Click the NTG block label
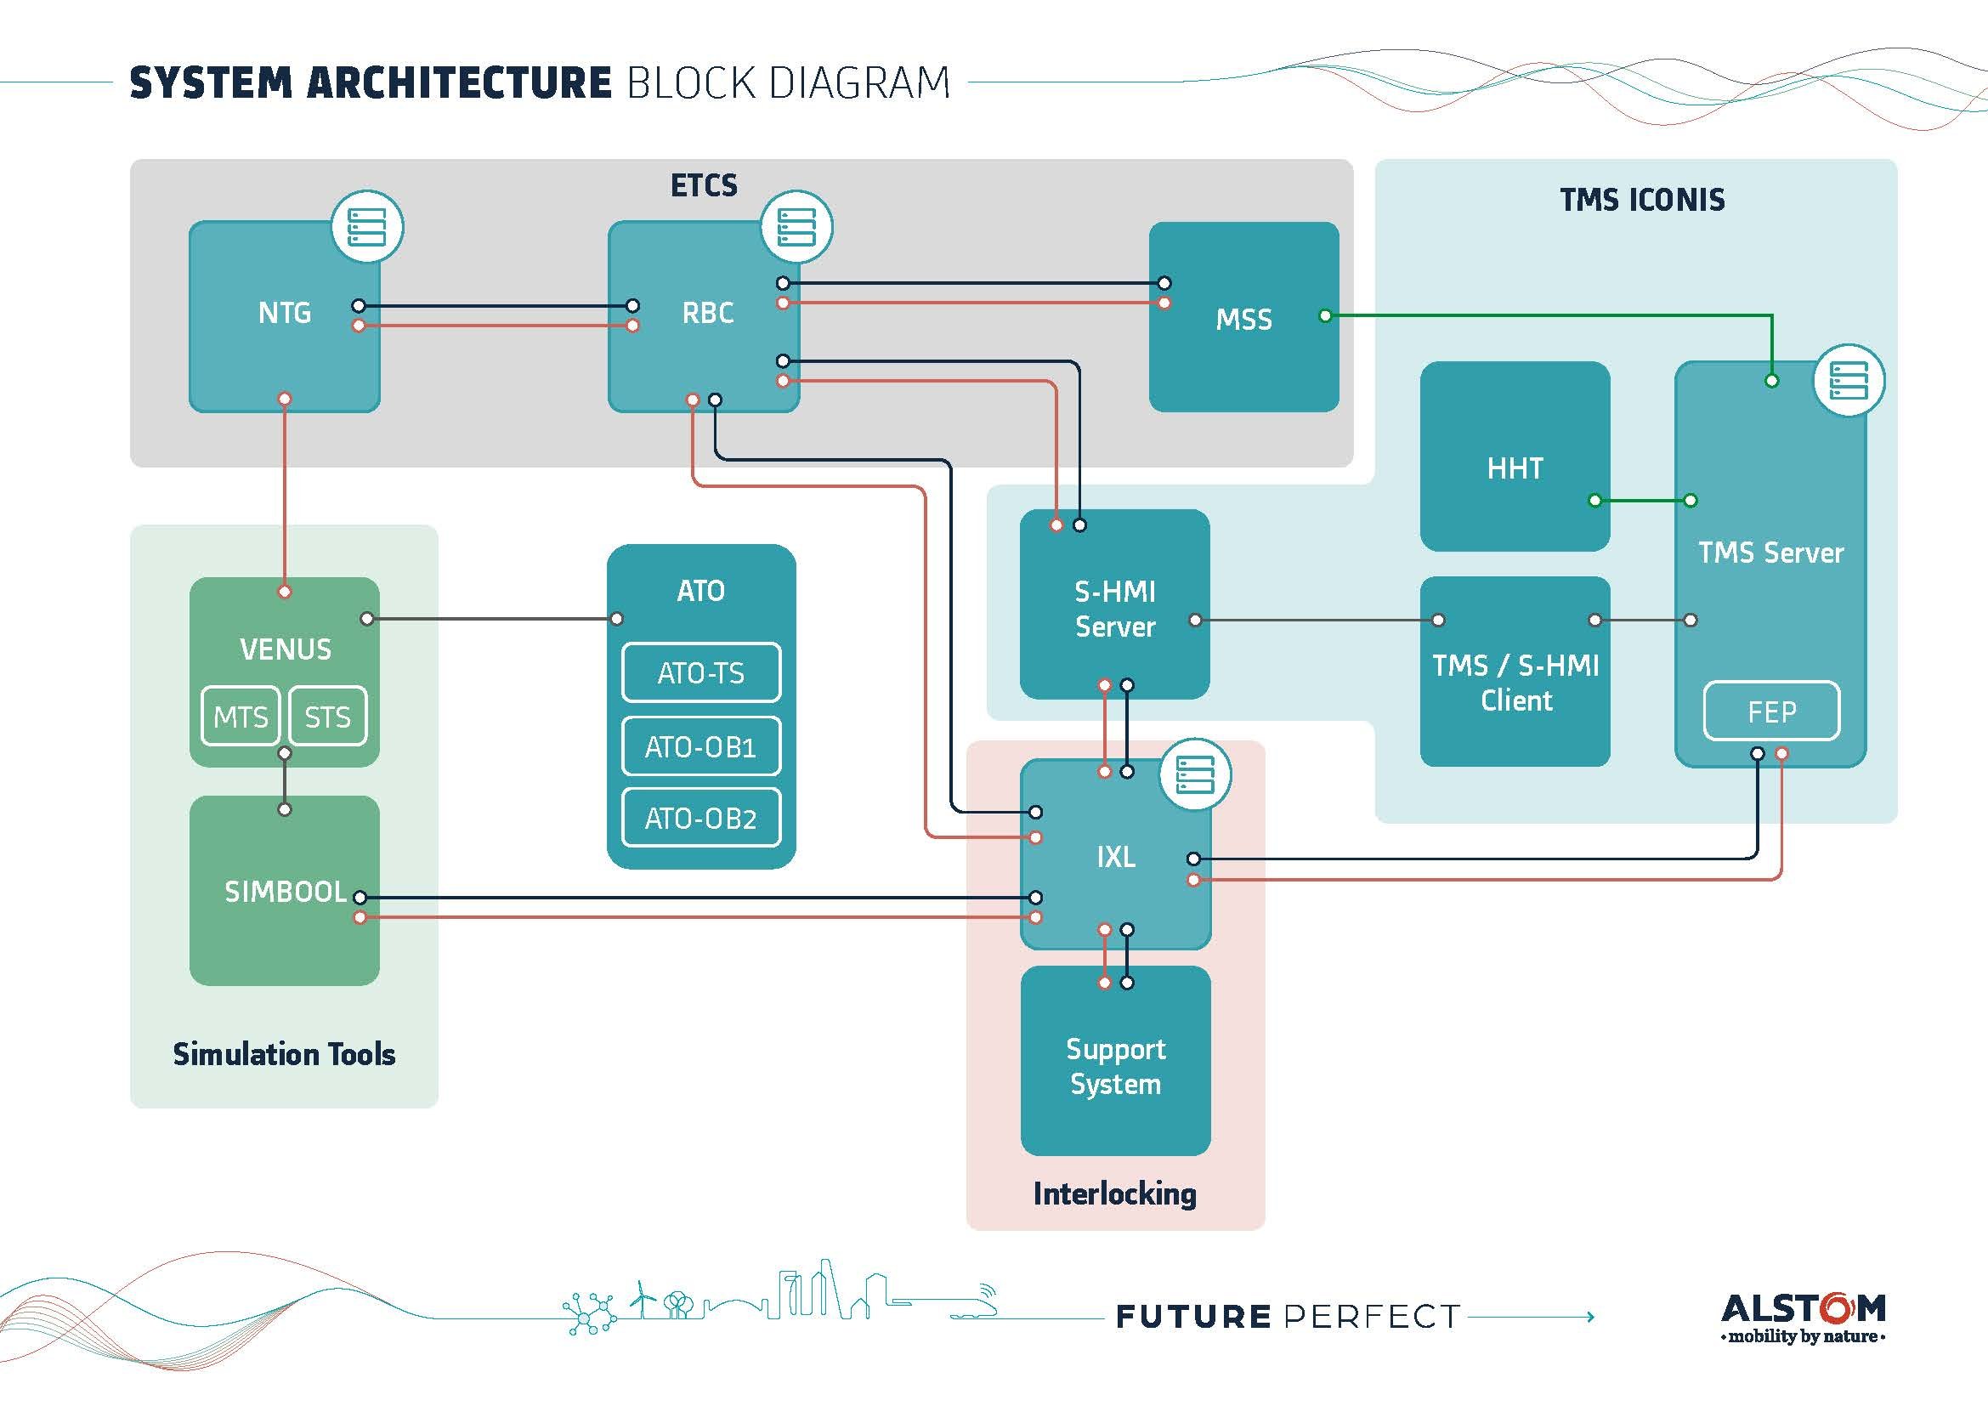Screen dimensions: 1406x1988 [284, 313]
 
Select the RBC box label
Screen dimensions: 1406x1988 [707, 313]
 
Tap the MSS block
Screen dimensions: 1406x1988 [1243, 319]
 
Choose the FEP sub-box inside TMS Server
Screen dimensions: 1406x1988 [1771, 712]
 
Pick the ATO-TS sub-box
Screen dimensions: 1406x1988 [700, 672]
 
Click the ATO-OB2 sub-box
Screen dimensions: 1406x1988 [700, 818]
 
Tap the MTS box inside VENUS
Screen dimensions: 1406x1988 [241, 717]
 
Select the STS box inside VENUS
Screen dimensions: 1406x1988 [327, 717]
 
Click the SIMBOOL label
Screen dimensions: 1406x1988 [285, 892]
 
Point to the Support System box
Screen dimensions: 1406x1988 [1115, 1065]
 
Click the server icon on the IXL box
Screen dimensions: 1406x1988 [1195, 774]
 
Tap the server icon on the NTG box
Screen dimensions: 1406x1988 [366, 227]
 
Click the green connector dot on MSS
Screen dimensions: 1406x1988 [1325, 316]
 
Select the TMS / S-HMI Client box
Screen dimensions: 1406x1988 [1515, 682]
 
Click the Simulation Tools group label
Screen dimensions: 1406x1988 [284, 1053]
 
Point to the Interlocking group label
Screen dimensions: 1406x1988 [1115, 1193]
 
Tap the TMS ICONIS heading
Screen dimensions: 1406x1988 [1642, 200]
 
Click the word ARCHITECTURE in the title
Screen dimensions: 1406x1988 [459, 83]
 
